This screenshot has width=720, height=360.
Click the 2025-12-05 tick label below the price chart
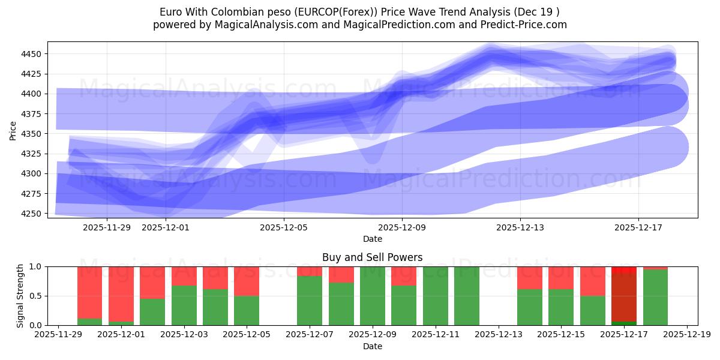coord(284,227)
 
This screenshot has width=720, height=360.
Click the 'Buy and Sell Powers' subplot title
coord(372,257)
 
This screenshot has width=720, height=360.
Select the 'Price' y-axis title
coord(13,130)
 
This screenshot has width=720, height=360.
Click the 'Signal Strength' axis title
coord(20,296)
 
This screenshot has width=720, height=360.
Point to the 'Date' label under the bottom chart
coord(372,346)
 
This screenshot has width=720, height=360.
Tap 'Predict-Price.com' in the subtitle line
coord(526,25)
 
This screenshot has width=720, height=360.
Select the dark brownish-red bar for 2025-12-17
coord(623,297)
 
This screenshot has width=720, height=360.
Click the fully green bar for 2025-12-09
coord(372,296)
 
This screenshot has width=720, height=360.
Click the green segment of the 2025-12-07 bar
coord(310,300)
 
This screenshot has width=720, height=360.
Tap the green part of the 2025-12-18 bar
coord(655,298)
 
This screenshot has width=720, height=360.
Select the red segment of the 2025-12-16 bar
coord(592,281)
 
